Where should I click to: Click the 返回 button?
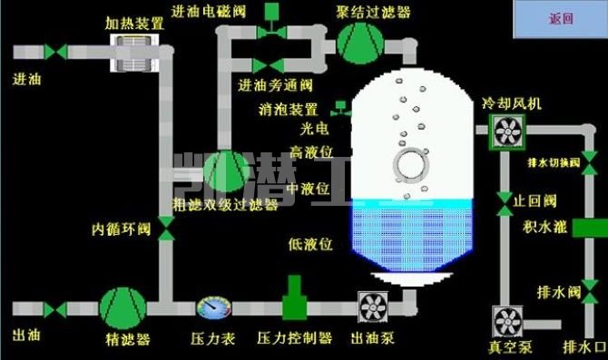[561, 19]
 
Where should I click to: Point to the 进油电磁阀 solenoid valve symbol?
[270, 30]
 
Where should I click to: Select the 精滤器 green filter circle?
[121, 308]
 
